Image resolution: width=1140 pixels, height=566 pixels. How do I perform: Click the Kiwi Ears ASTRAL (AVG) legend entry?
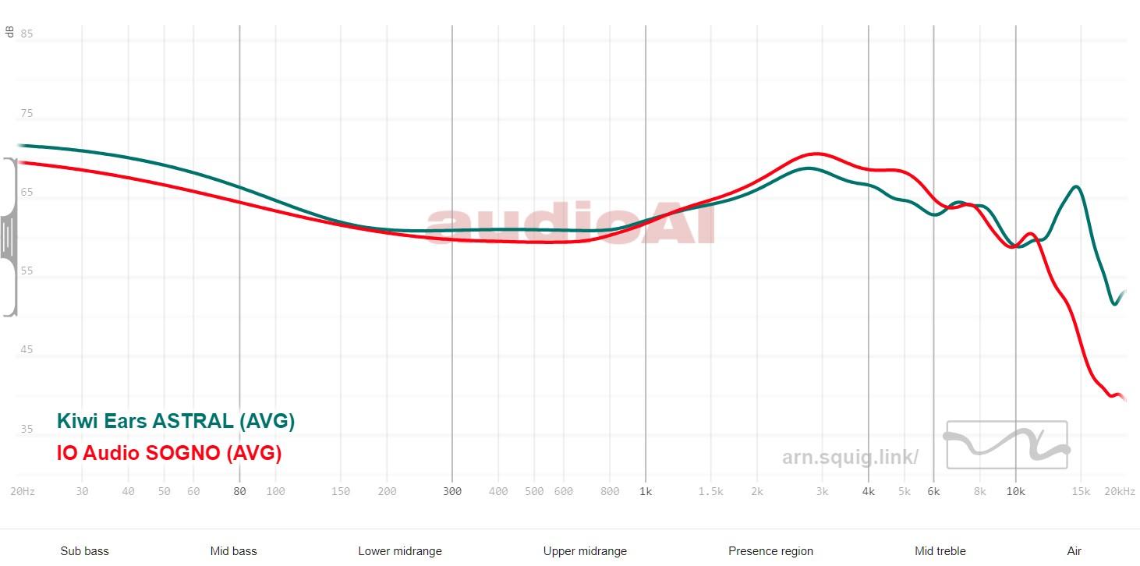[x=175, y=422]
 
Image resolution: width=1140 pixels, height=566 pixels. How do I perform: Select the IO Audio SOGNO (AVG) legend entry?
[x=168, y=453]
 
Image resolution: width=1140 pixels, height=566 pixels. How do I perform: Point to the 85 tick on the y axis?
[x=27, y=34]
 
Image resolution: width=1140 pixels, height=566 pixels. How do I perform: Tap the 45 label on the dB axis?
[x=27, y=350]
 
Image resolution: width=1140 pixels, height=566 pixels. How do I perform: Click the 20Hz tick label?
[x=22, y=491]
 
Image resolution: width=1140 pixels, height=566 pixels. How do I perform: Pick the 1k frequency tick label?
[x=645, y=491]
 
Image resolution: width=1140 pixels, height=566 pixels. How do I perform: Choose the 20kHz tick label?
[x=1120, y=491]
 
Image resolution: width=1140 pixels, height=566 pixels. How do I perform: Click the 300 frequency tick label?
[x=452, y=491]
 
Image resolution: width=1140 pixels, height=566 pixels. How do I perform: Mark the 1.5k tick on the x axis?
[x=710, y=491]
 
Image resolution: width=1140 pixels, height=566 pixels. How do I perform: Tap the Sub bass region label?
[x=84, y=551]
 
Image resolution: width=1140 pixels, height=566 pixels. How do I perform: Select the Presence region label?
[x=770, y=551]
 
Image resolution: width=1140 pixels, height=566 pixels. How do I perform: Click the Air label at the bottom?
[x=1075, y=551]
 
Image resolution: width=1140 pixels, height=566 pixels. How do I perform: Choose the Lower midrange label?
[x=400, y=551]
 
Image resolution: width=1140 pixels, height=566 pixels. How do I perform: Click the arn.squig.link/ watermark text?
[x=850, y=457]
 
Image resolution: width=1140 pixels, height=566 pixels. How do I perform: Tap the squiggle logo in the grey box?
[x=1006, y=444]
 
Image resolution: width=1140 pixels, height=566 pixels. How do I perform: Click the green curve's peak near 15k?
[x=1077, y=187]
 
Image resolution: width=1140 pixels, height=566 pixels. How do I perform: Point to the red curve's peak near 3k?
[x=817, y=154]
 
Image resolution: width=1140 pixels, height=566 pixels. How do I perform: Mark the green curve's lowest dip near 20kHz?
[x=1115, y=304]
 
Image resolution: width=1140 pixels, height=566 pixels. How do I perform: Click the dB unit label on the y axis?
[x=9, y=32]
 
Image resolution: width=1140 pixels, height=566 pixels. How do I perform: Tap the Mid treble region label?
[x=940, y=551]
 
